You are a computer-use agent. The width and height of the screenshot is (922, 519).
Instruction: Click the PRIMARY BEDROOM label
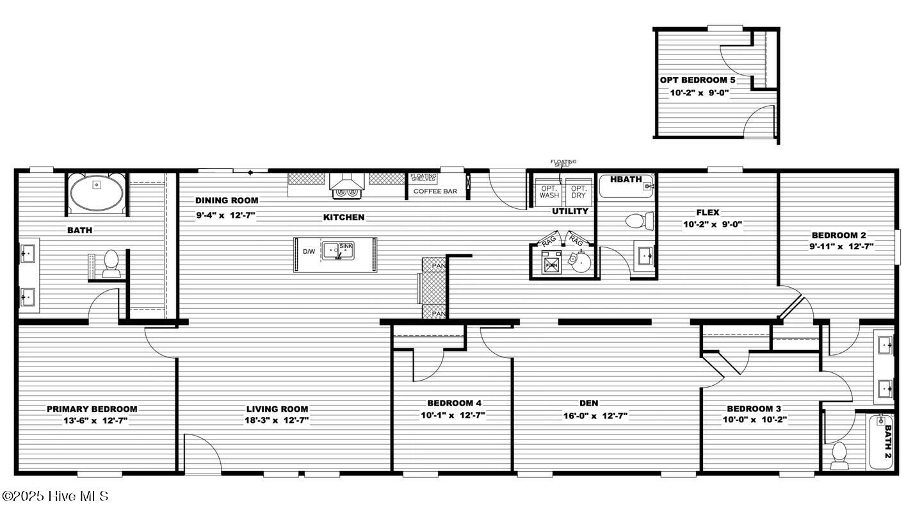(92, 409)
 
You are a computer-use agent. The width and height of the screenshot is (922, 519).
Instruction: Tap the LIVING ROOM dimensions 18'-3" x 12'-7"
(277, 420)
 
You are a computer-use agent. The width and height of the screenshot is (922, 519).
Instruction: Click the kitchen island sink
(338, 251)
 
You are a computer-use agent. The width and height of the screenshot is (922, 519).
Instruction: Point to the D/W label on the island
(309, 252)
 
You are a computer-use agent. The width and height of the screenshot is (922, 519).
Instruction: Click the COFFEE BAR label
(435, 191)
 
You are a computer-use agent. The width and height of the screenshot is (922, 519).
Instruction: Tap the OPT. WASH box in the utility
(549, 192)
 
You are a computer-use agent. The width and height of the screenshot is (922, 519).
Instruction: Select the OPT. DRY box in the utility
(578, 192)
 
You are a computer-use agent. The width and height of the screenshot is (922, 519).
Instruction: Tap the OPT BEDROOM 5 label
(698, 80)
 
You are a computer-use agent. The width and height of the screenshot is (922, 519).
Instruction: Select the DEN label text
(588, 403)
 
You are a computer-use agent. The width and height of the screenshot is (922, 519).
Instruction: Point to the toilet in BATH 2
(839, 455)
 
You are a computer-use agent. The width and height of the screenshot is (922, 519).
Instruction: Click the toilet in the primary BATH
(111, 264)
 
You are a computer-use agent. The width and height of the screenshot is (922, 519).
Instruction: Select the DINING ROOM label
(227, 201)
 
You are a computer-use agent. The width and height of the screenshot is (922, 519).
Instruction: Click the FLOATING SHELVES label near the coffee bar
(423, 177)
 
